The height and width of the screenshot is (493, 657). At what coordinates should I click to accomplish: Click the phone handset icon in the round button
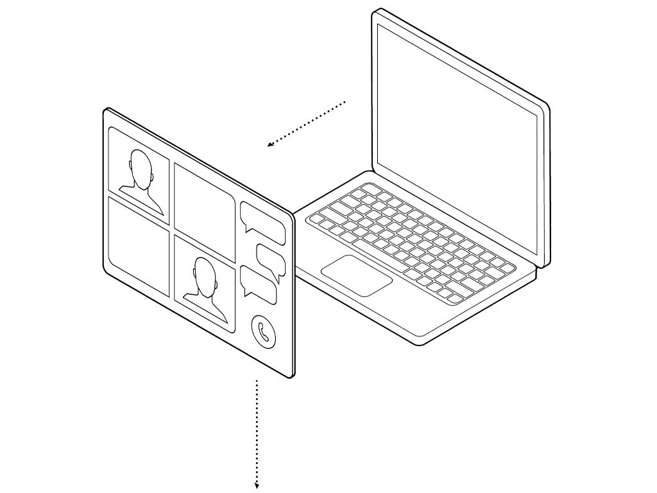click(263, 332)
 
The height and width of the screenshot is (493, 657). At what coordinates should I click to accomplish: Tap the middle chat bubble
click(271, 258)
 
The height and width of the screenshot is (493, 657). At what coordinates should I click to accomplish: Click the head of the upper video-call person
click(141, 167)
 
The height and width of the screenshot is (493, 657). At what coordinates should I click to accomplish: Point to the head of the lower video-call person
click(205, 275)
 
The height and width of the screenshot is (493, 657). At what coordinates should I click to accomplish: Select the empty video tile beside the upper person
click(204, 202)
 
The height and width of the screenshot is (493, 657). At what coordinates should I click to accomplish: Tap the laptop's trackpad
click(356, 275)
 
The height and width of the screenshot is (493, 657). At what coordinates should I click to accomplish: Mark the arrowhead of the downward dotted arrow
click(257, 485)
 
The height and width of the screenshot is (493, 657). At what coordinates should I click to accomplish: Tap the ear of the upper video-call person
click(130, 166)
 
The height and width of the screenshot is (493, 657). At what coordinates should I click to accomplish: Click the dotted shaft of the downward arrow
click(257, 430)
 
